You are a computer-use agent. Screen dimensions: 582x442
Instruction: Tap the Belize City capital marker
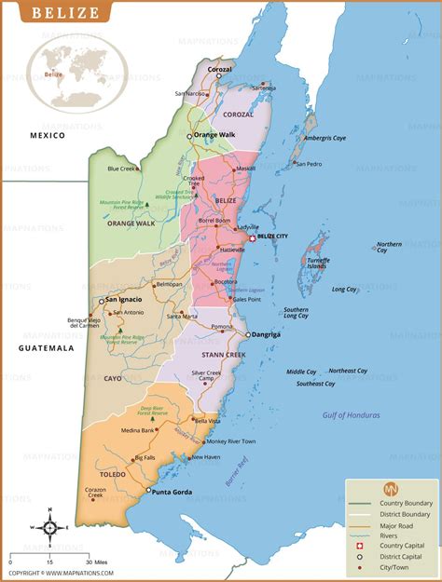(x=251, y=237)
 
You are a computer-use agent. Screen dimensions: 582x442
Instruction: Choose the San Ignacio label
(x=124, y=300)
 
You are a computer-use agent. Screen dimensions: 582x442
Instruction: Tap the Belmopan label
(x=169, y=284)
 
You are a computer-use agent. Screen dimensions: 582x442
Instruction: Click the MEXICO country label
(x=47, y=136)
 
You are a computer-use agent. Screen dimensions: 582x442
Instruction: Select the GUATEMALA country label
(x=46, y=347)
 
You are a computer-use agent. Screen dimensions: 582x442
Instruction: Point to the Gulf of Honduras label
(x=352, y=414)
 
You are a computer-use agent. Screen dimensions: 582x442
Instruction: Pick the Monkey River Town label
(x=230, y=440)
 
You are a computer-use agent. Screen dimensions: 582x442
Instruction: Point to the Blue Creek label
(x=121, y=169)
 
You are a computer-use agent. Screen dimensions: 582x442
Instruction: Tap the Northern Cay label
(x=389, y=248)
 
